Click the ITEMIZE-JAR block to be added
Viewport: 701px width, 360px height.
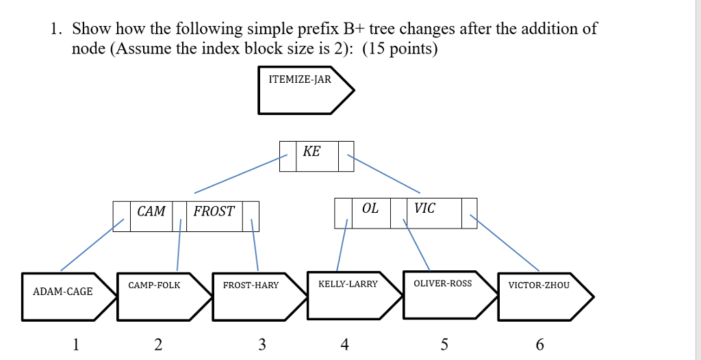click(301, 90)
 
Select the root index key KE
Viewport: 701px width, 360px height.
click(311, 152)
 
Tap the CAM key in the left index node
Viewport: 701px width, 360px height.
click(151, 211)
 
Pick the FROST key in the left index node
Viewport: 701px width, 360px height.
click(214, 211)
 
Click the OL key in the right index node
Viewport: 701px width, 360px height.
click(370, 209)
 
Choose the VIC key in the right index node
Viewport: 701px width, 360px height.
click(424, 209)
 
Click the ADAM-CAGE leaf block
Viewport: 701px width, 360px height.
click(64, 296)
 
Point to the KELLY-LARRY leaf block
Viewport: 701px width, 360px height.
click(349, 295)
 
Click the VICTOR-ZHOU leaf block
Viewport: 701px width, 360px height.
click(539, 296)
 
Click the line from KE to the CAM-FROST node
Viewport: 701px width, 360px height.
click(240, 175)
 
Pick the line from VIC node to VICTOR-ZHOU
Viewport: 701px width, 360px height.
click(505, 243)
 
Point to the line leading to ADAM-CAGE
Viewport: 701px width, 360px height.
click(92, 245)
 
